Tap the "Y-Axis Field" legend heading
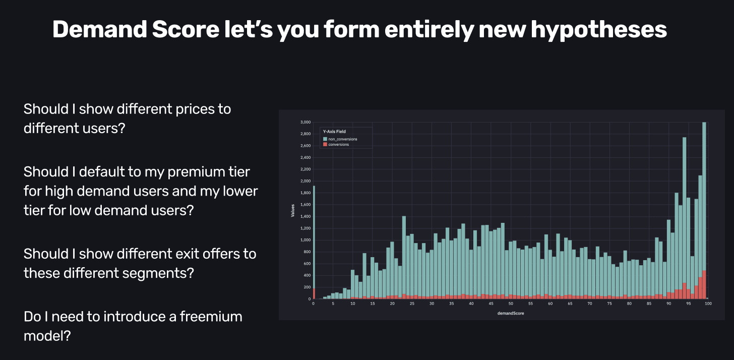pos(334,132)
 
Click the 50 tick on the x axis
pos(511,304)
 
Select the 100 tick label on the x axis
pos(708,304)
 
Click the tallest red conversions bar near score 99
pos(704,285)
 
